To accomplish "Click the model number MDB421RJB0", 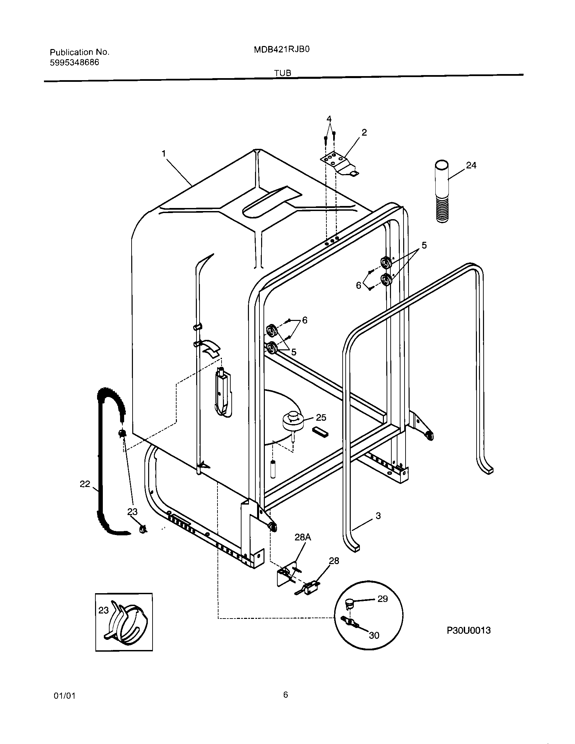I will point(281,50).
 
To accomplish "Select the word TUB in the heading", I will point(283,73).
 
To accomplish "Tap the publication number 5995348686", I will point(75,62).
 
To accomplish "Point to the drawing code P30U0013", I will point(468,630).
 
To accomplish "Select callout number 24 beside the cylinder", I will point(471,166).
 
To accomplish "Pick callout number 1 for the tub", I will point(164,154).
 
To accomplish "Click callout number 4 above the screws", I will point(329,119).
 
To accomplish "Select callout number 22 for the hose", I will point(85,484).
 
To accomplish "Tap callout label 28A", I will point(302,537).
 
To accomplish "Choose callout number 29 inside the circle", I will point(383,599).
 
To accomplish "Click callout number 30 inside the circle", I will point(374,635).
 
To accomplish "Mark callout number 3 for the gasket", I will point(378,516).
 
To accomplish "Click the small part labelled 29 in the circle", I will point(350,604).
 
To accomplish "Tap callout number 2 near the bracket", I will point(364,133).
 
